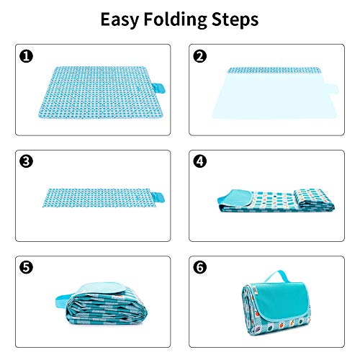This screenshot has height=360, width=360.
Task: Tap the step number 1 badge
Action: click(26, 56)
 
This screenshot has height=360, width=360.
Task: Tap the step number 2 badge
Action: click(200, 56)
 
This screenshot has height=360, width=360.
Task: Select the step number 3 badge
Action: click(26, 161)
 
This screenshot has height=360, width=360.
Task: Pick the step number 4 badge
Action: click(200, 161)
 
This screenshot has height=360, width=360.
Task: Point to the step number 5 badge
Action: click(26, 267)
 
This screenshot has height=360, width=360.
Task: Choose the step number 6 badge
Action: click(200, 267)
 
